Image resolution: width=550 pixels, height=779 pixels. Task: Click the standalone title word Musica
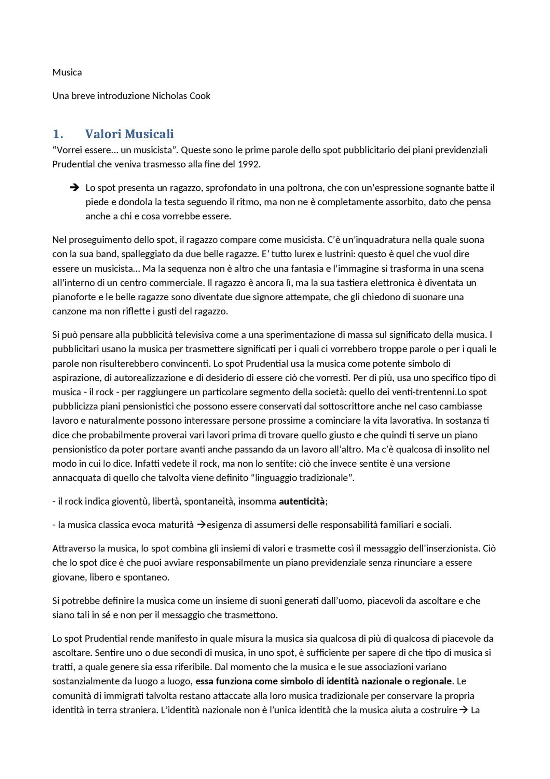[x=67, y=72]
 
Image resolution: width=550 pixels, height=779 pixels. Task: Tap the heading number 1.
[x=58, y=134]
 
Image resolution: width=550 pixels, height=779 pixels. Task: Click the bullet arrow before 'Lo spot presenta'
[x=74, y=188]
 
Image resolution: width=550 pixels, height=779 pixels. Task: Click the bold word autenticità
[x=302, y=502]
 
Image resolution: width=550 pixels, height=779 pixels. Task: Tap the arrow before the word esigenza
[x=201, y=525]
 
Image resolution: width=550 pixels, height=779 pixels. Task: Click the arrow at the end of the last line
[x=463, y=710]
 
